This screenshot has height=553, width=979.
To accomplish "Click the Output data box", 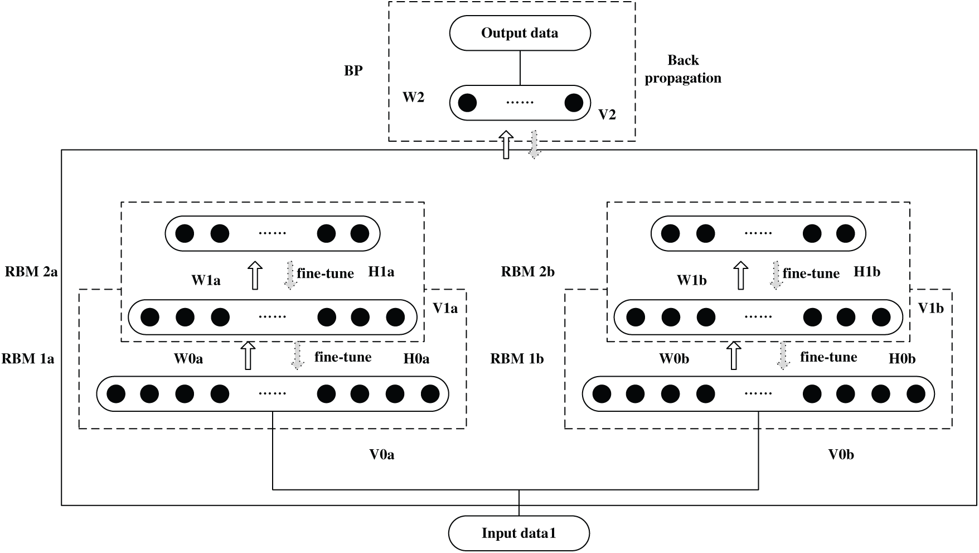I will coord(520,33).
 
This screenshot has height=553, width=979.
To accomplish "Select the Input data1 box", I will coord(518,533).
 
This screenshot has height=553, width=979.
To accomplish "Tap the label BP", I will coord(353,71).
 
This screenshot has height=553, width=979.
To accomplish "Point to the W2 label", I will coord(413,98).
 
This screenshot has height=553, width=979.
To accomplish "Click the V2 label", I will coord(607,115).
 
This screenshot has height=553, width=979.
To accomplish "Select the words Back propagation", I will coord(683,69).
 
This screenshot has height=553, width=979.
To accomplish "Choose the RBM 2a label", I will coord(31,272).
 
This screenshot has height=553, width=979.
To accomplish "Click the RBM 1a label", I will coord(28,358).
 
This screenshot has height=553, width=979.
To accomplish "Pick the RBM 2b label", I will coord(527,272).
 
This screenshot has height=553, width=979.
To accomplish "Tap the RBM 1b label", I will coord(517,358).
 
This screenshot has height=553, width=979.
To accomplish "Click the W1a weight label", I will coord(206,280).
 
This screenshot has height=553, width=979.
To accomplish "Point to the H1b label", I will coord(867,272).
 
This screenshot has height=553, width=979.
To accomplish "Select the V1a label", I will coord(445,308).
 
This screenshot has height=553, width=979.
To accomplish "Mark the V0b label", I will coord(841,455).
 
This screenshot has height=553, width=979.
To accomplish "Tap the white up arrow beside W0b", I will coord(734,356).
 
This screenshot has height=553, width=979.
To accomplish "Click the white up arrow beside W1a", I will coord(255,275).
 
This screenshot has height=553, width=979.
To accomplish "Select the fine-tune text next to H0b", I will coord(828,357).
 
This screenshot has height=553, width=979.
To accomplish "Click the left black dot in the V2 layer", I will coord(467,103).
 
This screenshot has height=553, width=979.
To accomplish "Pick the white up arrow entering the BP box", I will coord(506,145).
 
